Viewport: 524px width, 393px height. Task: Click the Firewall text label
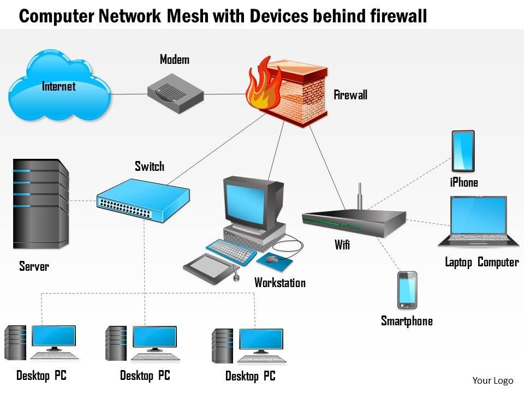click(350, 95)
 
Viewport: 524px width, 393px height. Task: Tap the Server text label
click(34, 266)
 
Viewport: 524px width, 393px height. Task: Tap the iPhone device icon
click(463, 151)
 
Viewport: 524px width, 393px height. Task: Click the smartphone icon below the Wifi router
click(407, 290)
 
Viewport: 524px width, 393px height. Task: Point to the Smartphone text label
click(407, 321)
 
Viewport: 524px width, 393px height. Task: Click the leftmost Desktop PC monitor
click(53, 337)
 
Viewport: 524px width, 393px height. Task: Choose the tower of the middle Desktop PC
click(116, 343)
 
